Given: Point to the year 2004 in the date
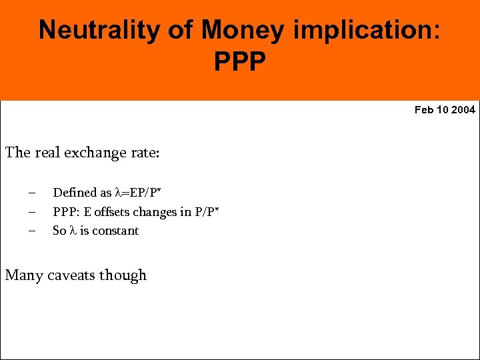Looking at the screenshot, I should click(x=463, y=110).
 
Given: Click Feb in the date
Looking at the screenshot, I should click(x=424, y=110).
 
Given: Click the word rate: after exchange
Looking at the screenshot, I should click(x=145, y=153).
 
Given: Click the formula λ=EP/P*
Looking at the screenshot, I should click(x=139, y=193).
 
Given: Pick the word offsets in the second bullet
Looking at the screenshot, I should click(x=109, y=212).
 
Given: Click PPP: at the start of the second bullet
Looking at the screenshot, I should click(x=65, y=212).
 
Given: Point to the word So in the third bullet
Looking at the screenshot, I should click(x=59, y=231).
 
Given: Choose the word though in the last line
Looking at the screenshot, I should click(x=124, y=275).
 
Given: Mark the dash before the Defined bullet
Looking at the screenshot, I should click(x=31, y=193).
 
